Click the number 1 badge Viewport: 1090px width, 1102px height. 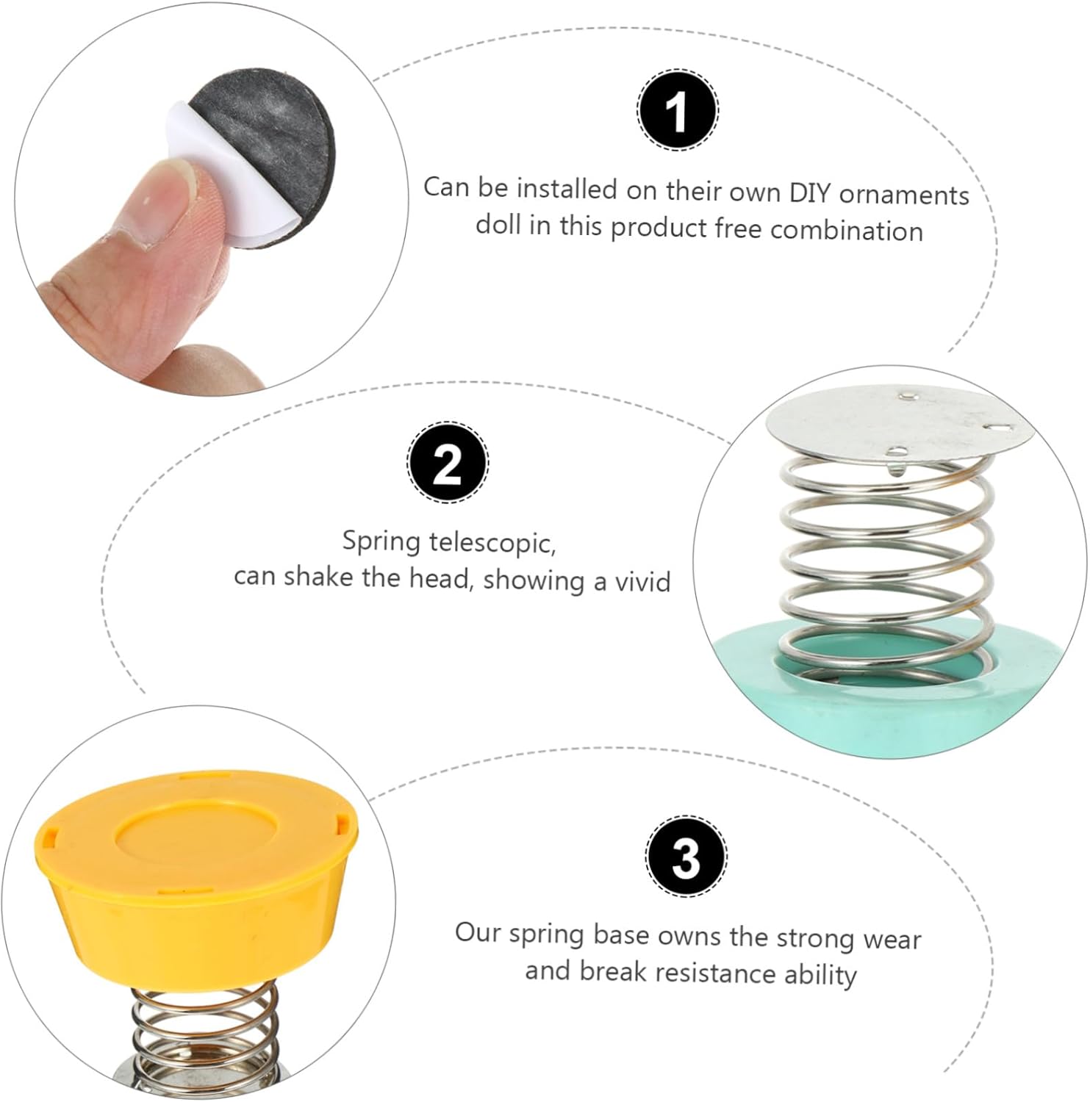[x=677, y=111]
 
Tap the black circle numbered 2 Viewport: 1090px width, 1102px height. [x=448, y=464]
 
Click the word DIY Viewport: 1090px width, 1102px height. [x=811, y=192]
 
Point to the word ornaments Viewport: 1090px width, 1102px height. [x=905, y=195]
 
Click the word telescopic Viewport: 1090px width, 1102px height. [x=492, y=543]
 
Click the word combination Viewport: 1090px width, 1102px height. [x=847, y=230]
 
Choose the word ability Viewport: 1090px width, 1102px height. [x=821, y=975]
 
